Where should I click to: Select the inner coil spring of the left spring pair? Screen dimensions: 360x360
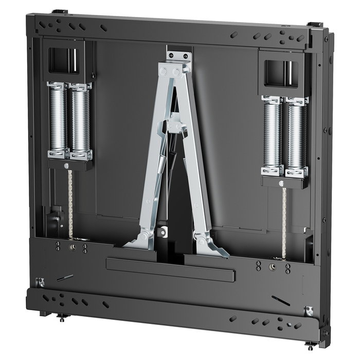coord(80,119)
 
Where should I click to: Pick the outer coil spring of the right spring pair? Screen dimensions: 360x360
coord(297,135)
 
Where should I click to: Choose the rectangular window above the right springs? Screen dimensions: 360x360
coord(279,73)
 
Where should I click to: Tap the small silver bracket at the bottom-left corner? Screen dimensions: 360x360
coord(40,282)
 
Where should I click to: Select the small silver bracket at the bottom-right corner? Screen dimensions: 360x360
coord(309,311)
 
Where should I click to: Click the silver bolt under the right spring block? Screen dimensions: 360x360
coord(281,183)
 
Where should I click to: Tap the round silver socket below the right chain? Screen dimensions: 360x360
coord(273,267)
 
